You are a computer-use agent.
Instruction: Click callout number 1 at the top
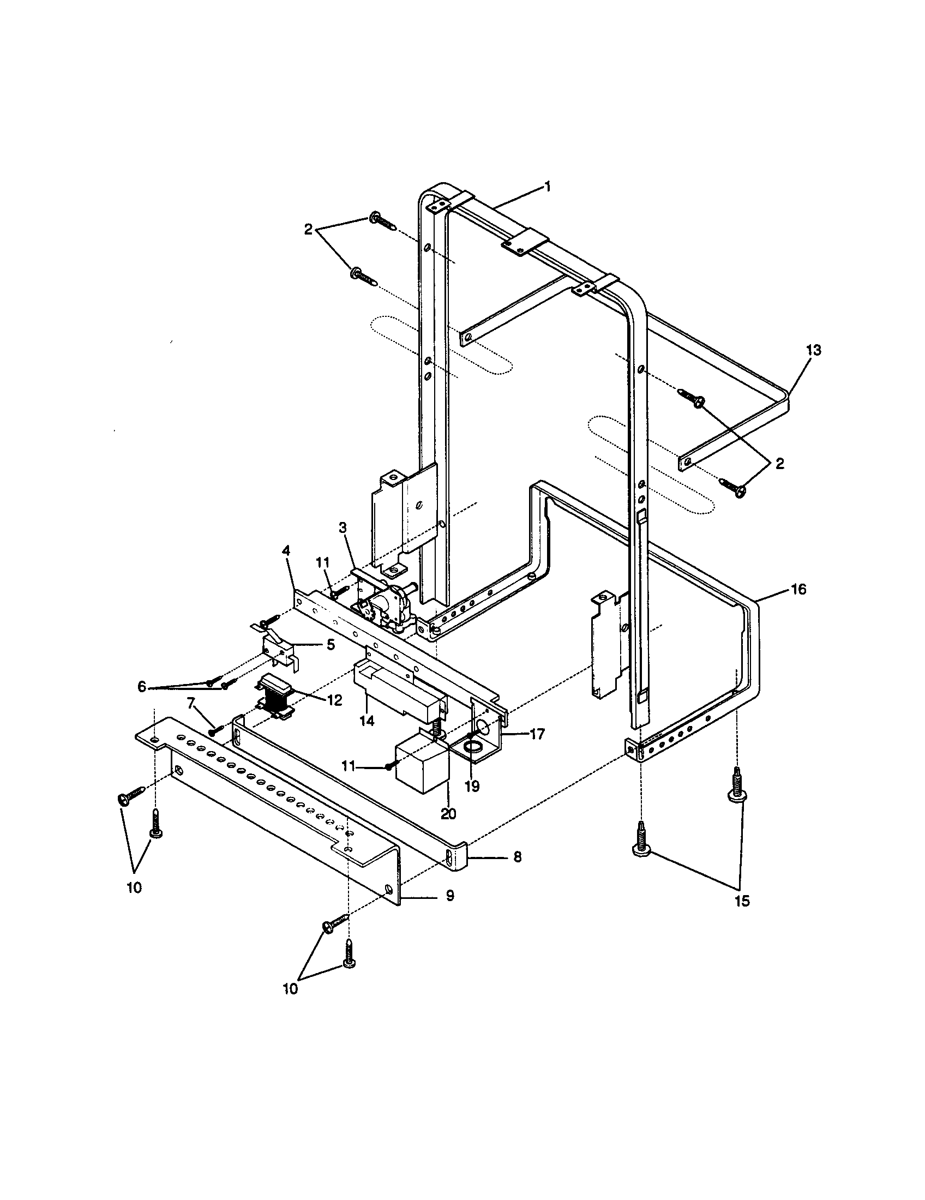[546, 187]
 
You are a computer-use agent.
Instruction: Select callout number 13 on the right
[814, 350]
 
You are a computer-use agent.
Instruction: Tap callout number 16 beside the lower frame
[798, 589]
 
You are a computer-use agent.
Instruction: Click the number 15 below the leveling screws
[742, 902]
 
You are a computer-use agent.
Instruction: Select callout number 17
[537, 733]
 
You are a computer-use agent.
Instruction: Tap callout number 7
[191, 703]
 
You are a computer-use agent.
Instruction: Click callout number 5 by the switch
[330, 645]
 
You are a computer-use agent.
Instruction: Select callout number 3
[342, 529]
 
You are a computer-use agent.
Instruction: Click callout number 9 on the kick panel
[449, 896]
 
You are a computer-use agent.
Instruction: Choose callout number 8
[517, 856]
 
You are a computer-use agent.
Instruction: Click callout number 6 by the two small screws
[142, 687]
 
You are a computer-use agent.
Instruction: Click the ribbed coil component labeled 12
[276, 698]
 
